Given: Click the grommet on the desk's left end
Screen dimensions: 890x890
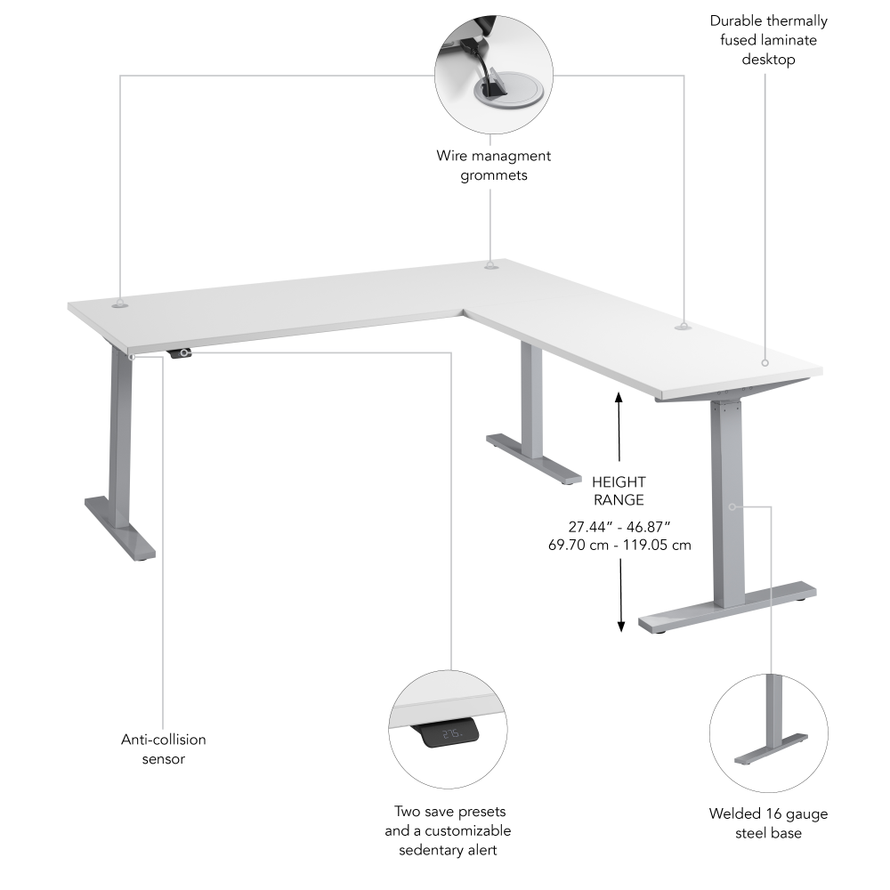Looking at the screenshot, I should (120, 304).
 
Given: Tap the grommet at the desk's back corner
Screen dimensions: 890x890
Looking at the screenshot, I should (490, 264).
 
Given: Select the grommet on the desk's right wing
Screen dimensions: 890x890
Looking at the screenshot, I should (683, 328).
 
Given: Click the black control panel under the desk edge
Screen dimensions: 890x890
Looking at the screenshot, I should (181, 353).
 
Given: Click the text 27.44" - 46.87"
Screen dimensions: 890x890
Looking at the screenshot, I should (619, 526).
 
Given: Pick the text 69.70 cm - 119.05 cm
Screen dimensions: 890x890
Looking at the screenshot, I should (619, 545).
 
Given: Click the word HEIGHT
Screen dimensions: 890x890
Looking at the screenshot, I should (619, 481).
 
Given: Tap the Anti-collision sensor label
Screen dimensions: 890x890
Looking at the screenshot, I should (163, 748).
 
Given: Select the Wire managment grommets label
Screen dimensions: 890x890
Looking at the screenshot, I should (493, 166).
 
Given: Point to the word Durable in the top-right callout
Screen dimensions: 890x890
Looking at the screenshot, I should (732, 20).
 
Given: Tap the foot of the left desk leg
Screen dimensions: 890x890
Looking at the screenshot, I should (120, 530).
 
